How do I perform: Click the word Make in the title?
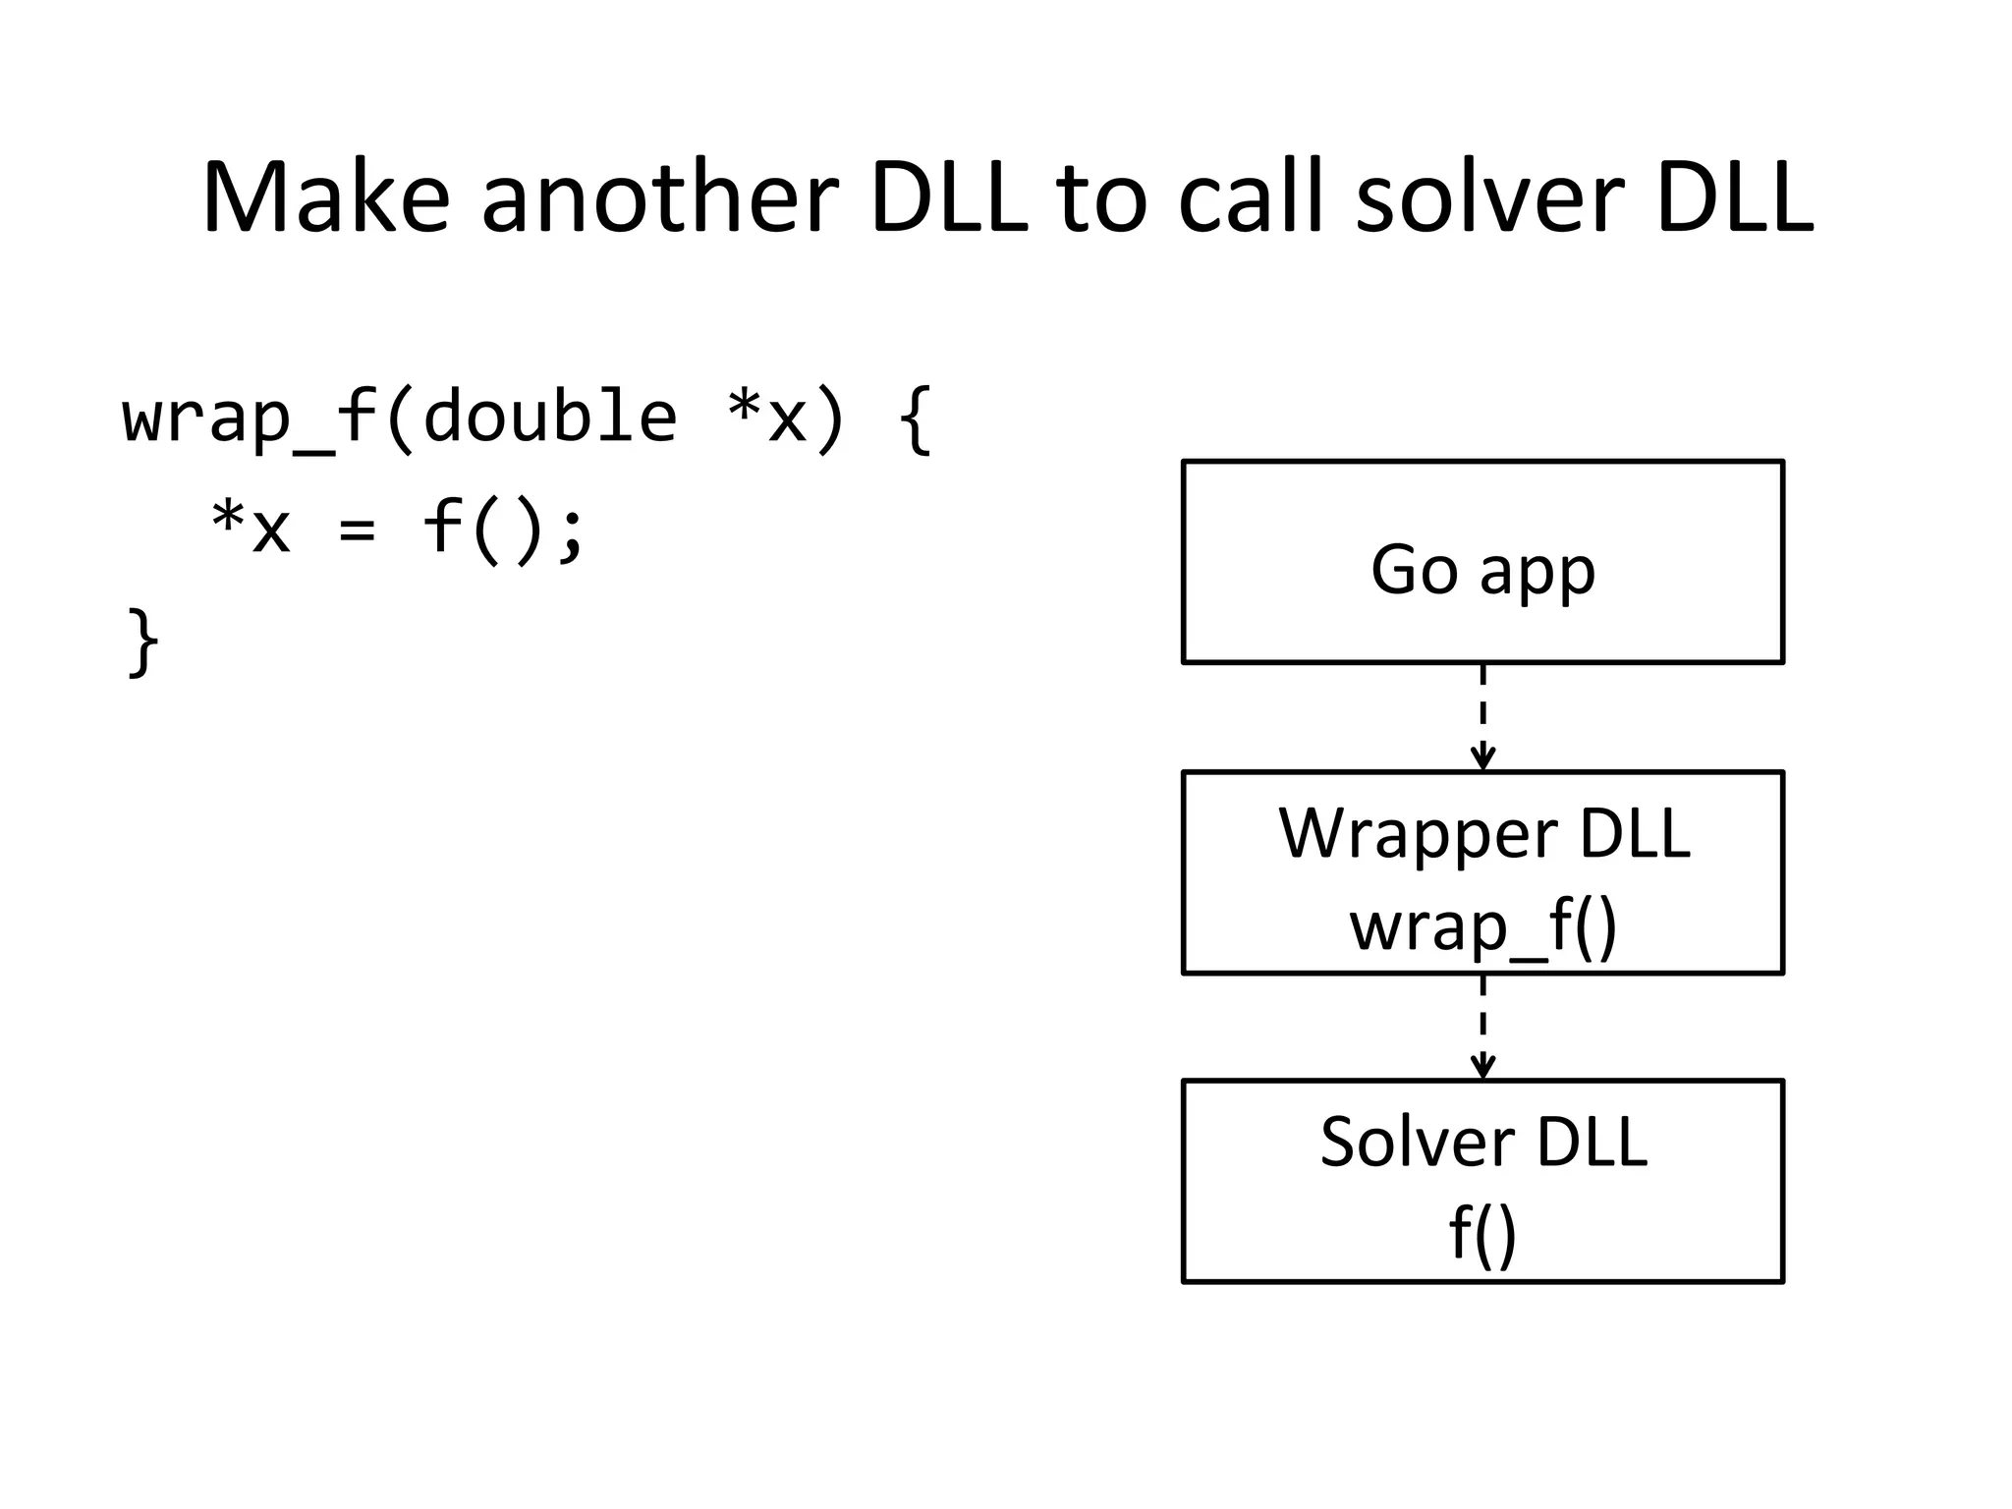(325, 198)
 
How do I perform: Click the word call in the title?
(1250, 198)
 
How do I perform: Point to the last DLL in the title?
(1734, 198)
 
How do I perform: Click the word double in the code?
(550, 418)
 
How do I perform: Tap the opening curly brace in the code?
(915, 419)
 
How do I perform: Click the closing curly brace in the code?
(143, 643)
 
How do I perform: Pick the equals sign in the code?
(356, 531)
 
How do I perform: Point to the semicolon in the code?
(570, 535)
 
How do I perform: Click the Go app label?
(1482, 570)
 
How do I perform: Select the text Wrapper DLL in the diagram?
(1482, 833)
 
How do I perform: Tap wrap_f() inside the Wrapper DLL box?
(1482, 925)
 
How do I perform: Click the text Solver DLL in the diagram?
(1482, 1142)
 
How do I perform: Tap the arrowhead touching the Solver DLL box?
(1482, 1068)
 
